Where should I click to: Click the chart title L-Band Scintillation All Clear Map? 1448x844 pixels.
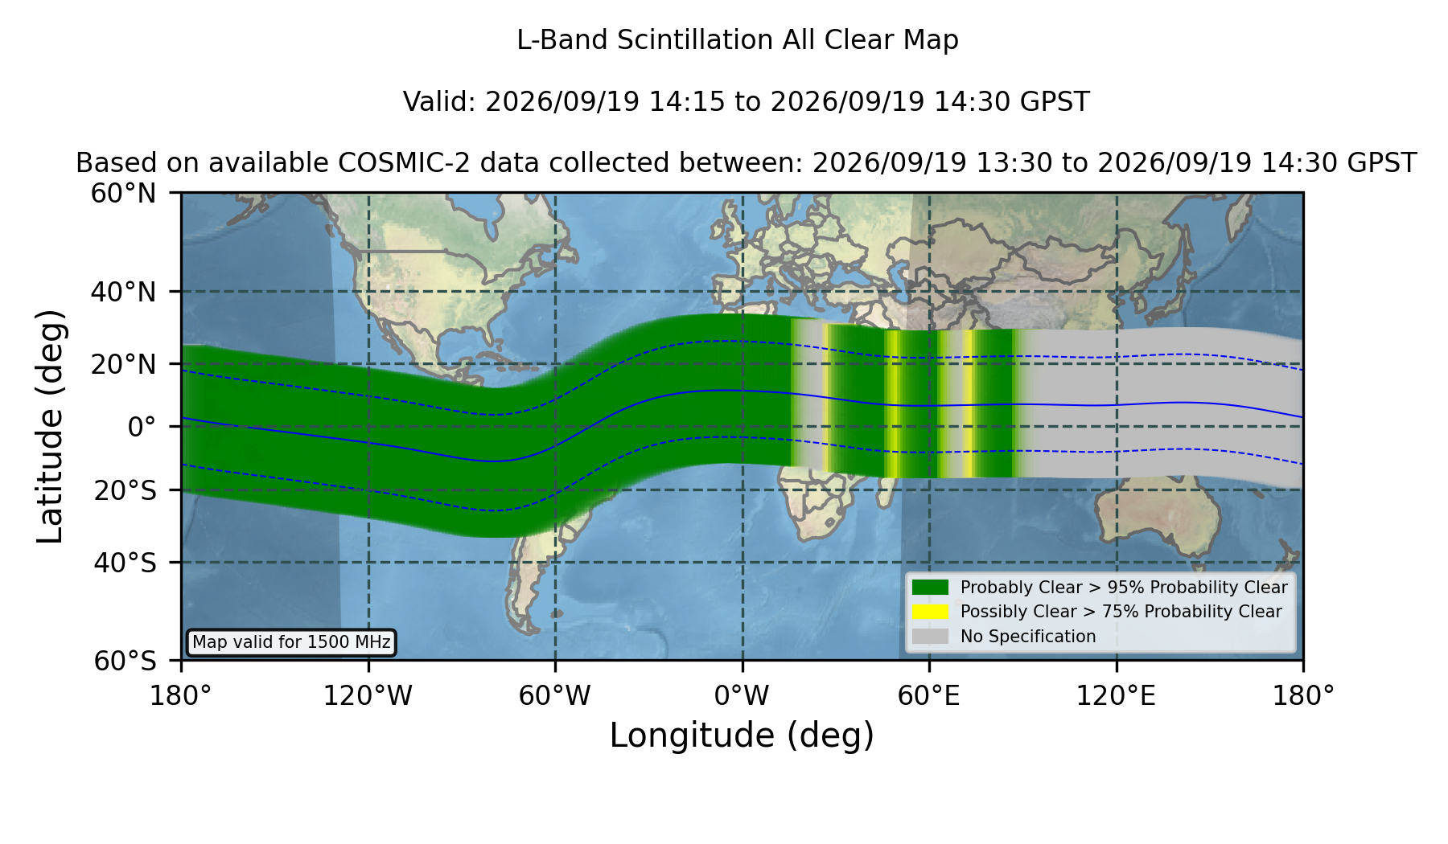737,40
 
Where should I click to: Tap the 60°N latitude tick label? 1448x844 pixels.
123,194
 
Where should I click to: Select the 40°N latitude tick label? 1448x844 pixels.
123,292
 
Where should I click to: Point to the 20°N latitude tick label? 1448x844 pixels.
123,364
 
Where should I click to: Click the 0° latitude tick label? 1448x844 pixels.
142,427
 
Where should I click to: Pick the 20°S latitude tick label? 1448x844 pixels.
125,490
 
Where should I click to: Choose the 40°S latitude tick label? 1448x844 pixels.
125,563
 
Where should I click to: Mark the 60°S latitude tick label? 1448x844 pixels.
125,661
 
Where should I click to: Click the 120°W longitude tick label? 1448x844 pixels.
368,695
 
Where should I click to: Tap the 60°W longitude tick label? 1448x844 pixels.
555,695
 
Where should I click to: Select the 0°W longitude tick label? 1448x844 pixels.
742,695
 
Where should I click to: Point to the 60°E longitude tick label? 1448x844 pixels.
929,695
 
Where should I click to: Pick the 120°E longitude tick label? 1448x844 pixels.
1116,695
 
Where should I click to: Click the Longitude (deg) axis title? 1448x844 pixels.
742,735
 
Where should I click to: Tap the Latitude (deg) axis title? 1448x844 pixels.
51,426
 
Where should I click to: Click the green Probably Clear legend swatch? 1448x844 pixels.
931,588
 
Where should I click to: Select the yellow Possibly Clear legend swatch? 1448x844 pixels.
931,612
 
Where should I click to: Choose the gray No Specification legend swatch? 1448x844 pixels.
931,637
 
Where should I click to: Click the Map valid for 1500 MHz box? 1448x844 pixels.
291,642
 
